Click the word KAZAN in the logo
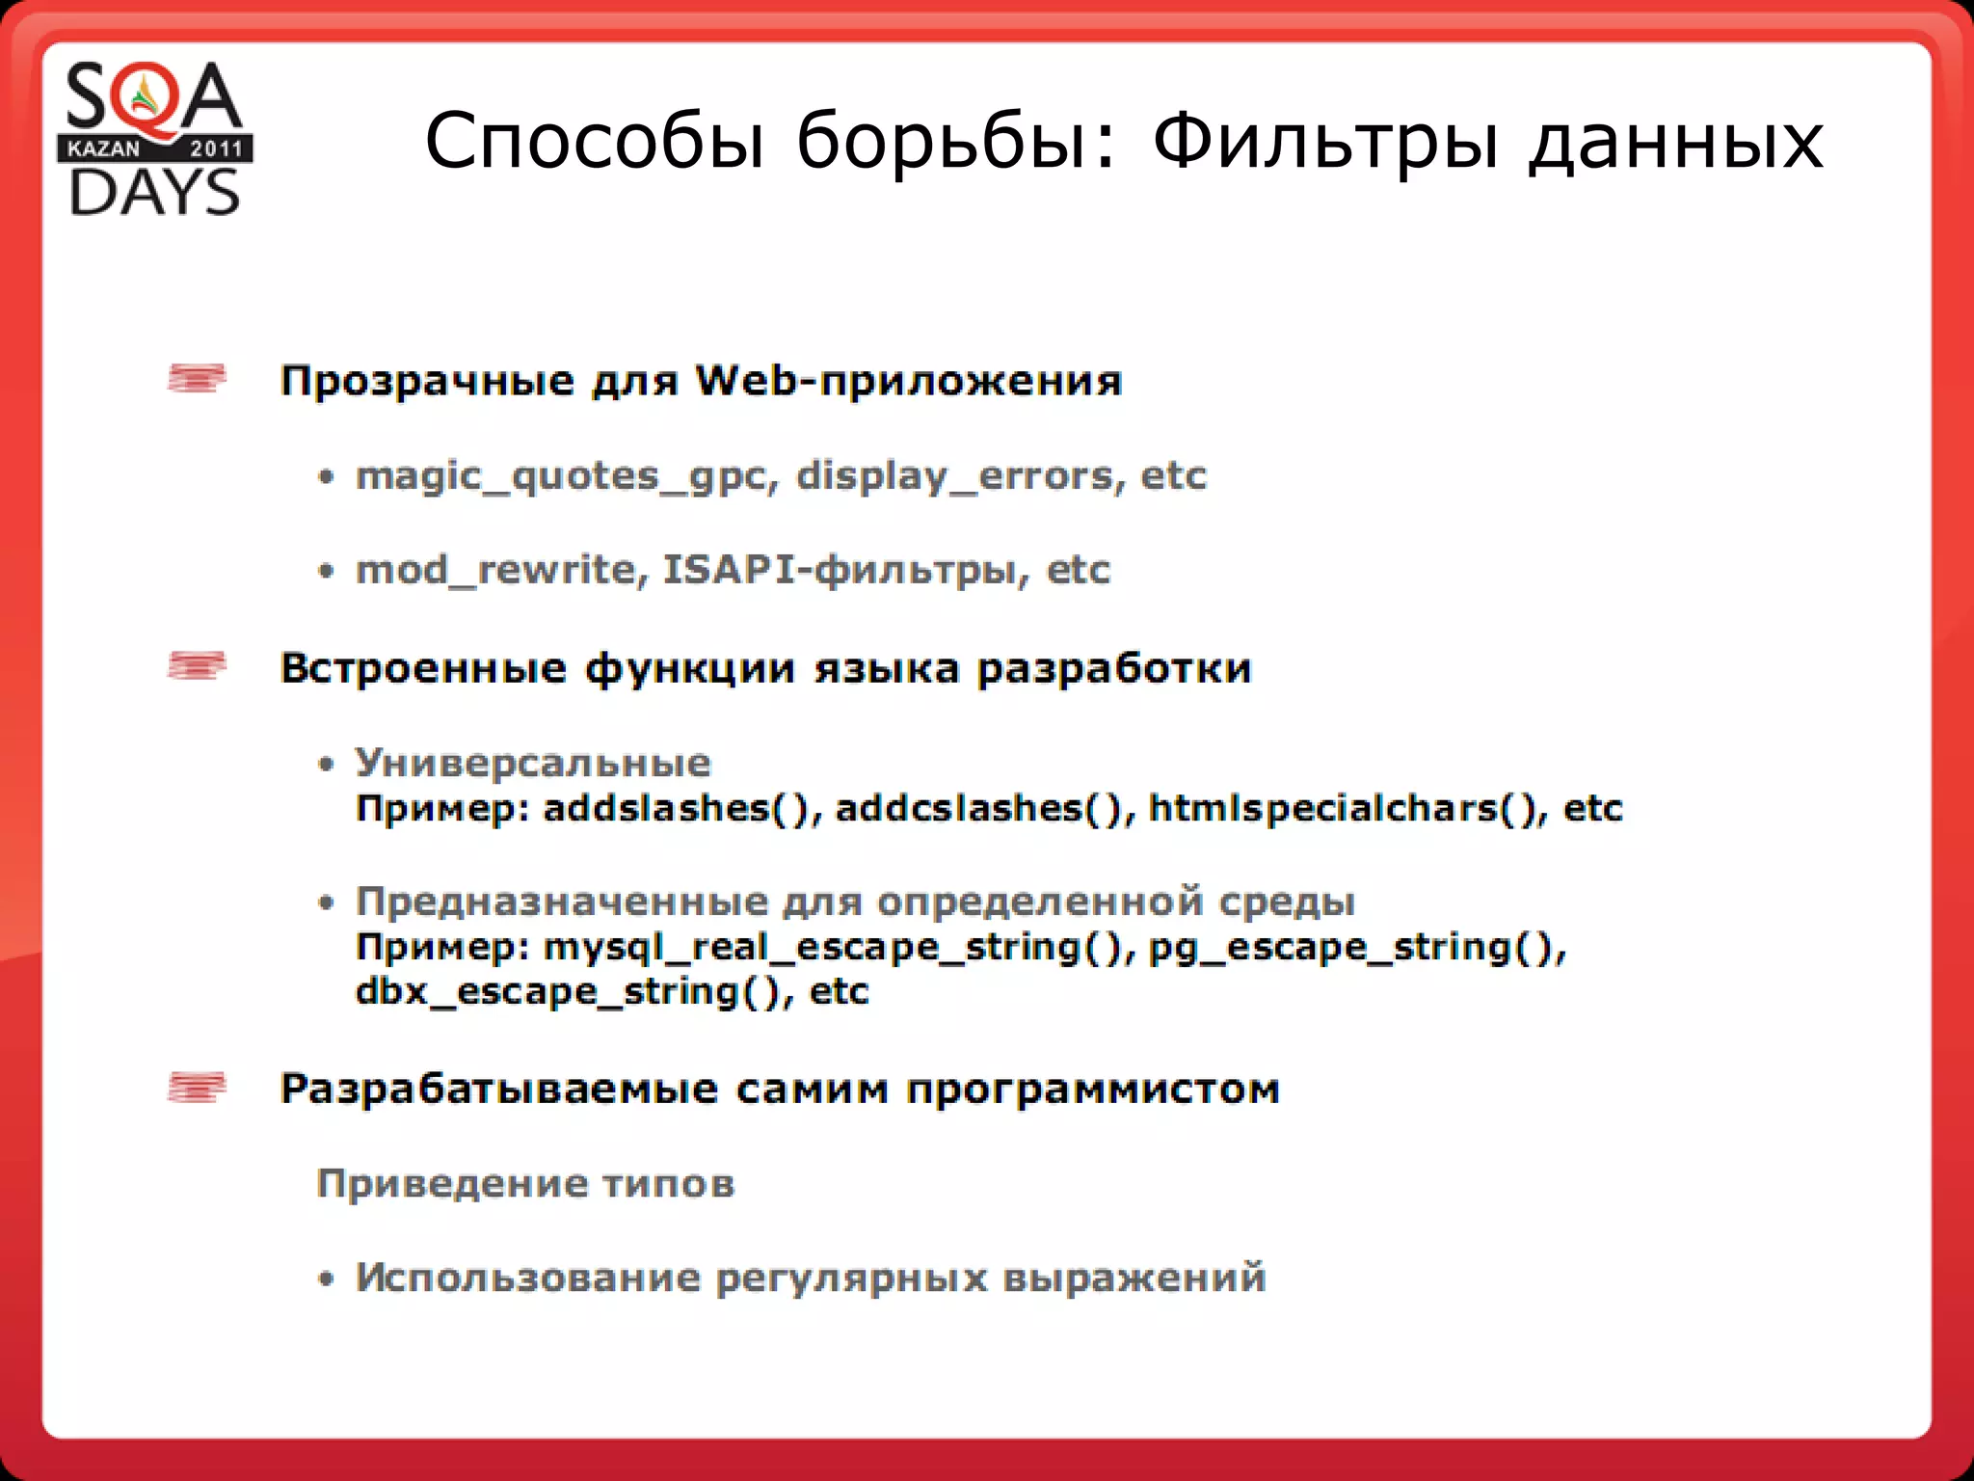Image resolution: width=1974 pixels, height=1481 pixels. coord(103,148)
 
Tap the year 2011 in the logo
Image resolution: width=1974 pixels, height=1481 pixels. coord(216,148)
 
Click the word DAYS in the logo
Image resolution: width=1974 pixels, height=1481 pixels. coord(154,192)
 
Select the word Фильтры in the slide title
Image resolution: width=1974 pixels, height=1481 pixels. coord(1325,143)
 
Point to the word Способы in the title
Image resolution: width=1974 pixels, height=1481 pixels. coord(594,141)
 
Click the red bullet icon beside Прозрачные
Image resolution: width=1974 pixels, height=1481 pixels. coord(197,378)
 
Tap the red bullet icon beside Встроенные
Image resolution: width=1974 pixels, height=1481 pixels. coord(197,665)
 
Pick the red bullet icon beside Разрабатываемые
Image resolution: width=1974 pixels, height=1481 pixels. coord(197,1087)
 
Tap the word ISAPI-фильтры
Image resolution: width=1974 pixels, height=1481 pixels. coord(839,570)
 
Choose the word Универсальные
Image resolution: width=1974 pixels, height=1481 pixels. coord(533,764)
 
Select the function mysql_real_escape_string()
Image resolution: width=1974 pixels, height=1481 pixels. coord(833,948)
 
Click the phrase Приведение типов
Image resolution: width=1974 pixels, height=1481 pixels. coord(525,1183)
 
